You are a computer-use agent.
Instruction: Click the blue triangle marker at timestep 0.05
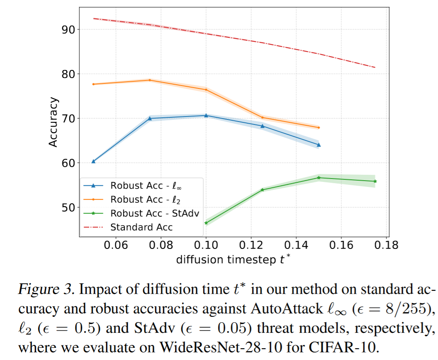tap(93, 161)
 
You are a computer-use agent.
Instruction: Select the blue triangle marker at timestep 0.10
tap(206, 115)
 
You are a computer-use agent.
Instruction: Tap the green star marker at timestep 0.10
tap(206, 223)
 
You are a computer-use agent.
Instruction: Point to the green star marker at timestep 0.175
tap(375, 181)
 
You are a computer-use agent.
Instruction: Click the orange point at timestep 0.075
tap(150, 80)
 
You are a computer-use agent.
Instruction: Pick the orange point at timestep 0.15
tap(319, 127)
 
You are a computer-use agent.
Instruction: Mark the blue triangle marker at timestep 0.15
tap(319, 145)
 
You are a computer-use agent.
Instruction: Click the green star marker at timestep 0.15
tap(319, 178)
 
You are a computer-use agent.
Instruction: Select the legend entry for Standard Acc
tap(141, 227)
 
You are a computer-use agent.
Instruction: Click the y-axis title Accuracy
tap(53, 122)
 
